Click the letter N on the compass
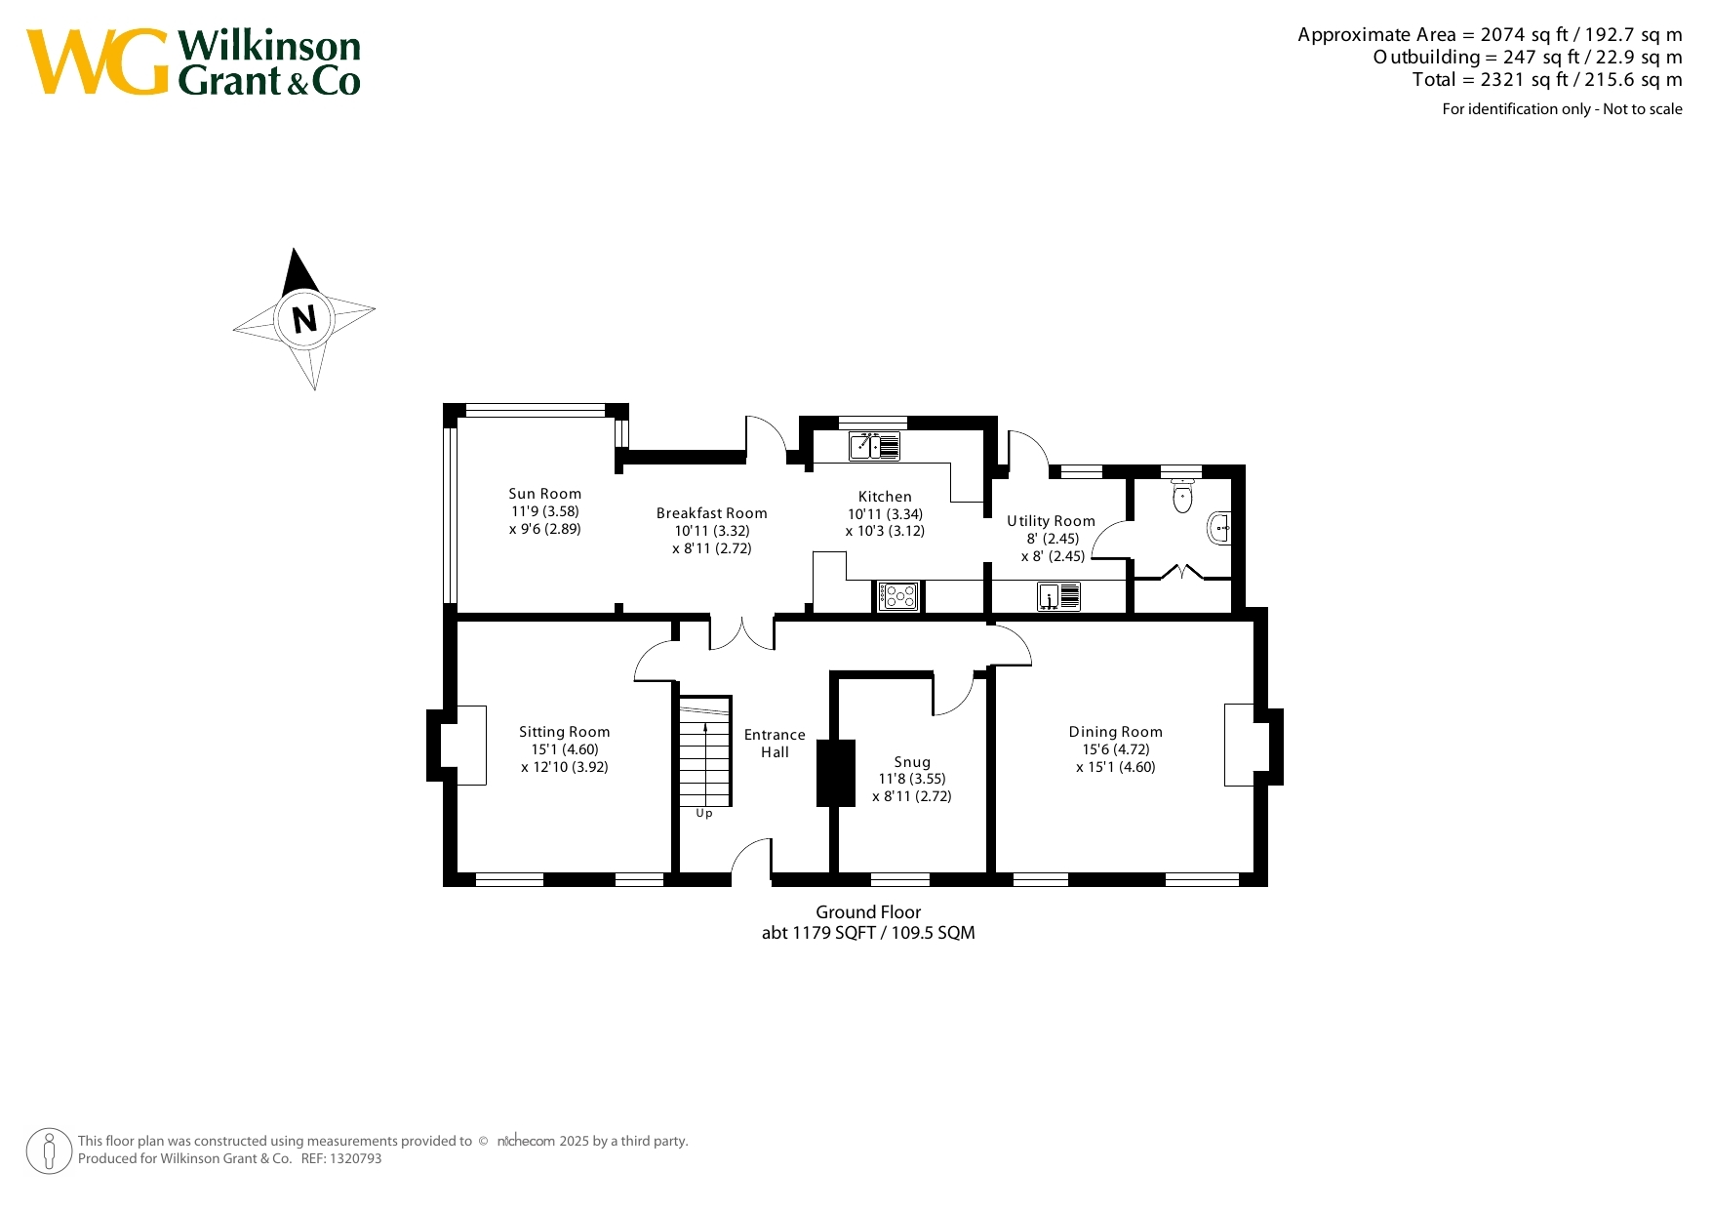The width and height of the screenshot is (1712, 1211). coord(305,319)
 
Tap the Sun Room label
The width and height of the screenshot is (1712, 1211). coord(545,494)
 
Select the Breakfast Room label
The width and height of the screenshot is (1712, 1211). coord(712,513)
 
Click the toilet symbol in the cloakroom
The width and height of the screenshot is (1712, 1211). coord(1183,496)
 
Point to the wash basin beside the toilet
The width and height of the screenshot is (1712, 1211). coord(1219,528)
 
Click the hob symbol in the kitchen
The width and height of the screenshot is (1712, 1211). coord(898,596)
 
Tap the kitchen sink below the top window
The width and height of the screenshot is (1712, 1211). coord(874,446)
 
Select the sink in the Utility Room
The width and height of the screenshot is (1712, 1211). coord(1059,596)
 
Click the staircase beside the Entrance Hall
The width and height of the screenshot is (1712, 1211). coord(705,750)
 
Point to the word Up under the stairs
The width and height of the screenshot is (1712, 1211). coord(704,814)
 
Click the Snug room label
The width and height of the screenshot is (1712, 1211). coord(913,762)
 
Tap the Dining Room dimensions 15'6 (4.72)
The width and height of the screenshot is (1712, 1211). coord(1116,749)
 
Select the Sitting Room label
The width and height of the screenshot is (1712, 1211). coord(565,732)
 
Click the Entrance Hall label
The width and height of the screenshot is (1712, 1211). coord(776,744)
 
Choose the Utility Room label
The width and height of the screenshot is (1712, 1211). coord(1052,521)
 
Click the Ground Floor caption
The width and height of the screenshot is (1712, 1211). coord(868,912)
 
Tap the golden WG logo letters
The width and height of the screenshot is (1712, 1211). coord(98,62)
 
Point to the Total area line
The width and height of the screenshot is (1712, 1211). coord(1547,80)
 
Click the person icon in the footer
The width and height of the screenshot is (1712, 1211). coord(49,1150)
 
